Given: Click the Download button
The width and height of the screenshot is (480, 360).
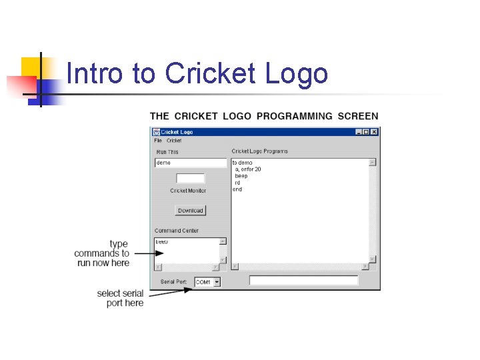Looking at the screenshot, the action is coord(191,211).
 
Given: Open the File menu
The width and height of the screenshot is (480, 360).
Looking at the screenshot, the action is coord(158,141).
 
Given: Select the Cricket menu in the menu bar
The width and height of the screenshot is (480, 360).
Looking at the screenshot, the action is coord(174,141).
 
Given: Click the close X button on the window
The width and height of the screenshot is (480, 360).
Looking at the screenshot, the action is coord(374,133).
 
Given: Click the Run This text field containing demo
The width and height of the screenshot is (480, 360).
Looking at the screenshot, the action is coord(191,163).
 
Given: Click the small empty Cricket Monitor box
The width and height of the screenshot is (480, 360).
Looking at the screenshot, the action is coord(191,179).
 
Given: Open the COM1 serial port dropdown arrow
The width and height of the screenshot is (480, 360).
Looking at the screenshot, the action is coord(216,282).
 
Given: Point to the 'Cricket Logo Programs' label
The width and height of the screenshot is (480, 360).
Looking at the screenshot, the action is coord(260,151).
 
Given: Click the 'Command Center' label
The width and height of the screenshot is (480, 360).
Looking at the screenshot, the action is coord(177,231).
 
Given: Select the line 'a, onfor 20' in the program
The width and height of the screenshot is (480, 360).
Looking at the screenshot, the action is coord(248,169).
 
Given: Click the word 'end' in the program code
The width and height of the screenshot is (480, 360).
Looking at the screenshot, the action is coord(237,189).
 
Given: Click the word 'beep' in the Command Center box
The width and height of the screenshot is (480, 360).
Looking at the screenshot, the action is coord(162,241).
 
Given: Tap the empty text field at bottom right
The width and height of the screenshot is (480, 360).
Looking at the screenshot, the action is coord(303,281).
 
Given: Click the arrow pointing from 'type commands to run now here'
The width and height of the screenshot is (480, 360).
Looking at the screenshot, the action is coord(143,253).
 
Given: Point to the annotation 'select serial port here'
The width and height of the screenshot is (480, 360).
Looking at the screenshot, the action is coord(120,298).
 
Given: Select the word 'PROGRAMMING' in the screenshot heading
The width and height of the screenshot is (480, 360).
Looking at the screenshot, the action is coord(295,116).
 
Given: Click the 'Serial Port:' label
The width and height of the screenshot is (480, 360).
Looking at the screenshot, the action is coord(175,282).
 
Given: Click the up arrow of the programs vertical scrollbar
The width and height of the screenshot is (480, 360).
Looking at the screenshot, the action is coord(373,162).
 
